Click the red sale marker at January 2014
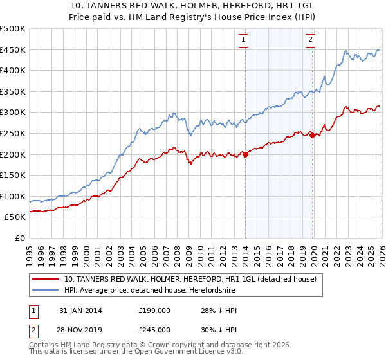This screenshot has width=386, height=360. pos(246,154)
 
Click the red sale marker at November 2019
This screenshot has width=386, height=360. pos(312,135)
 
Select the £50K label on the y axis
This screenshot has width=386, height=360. pos(15,217)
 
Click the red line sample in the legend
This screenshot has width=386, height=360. pos(45,280)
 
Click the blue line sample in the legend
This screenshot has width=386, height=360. pos(45,291)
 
